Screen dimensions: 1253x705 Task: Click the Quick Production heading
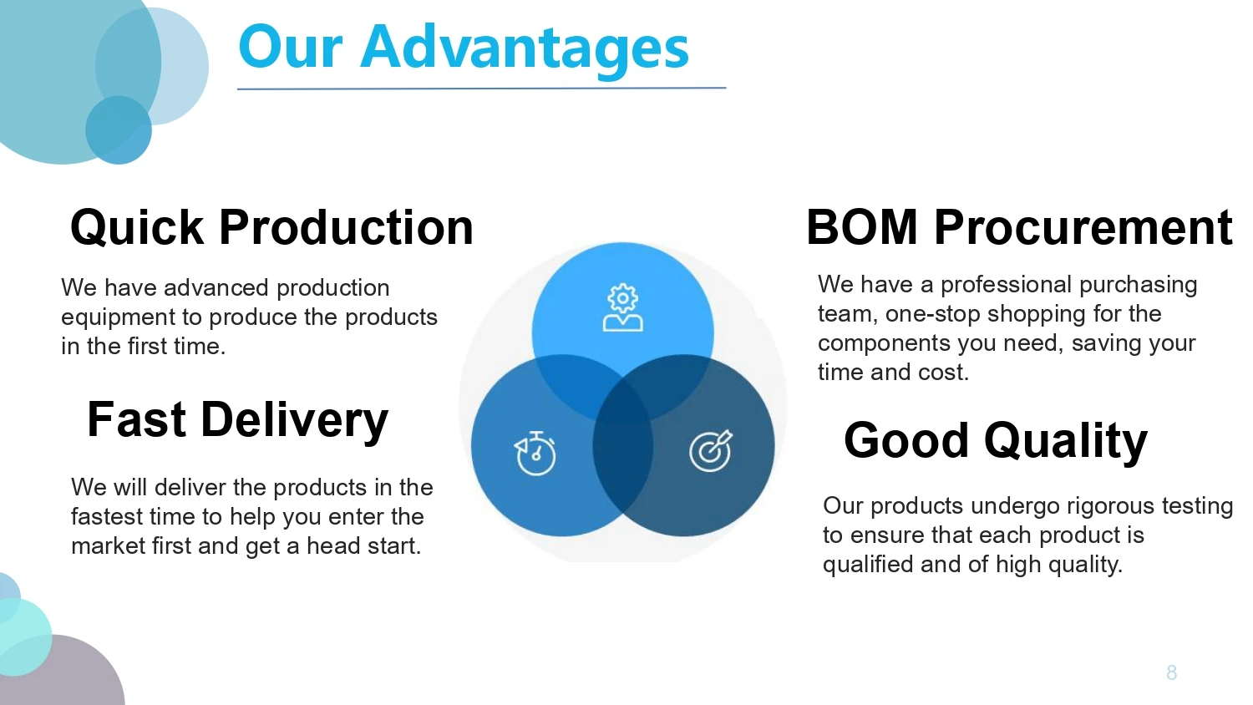pos(271,227)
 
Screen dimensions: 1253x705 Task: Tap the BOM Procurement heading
pos(1018,227)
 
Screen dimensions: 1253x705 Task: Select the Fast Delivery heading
pos(237,419)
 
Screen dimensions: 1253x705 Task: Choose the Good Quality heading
pos(995,440)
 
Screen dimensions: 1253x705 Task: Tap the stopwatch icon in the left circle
pos(535,453)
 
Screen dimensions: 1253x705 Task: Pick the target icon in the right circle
pos(711,451)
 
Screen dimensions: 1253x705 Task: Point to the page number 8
pos(1171,672)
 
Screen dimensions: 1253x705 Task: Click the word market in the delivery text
pos(99,546)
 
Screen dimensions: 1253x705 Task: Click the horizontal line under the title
pos(481,88)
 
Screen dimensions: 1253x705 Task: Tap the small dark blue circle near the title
pos(118,130)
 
